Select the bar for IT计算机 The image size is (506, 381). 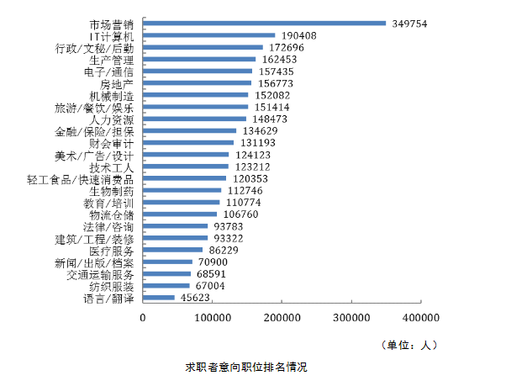coord(209,35)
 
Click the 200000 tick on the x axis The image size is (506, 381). coord(282,317)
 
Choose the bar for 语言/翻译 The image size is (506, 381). coord(159,298)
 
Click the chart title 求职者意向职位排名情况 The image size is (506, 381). coord(247,368)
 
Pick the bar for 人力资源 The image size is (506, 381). coord(194,119)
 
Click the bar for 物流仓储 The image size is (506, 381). coord(180,214)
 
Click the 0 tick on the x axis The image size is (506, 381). coord(143,317)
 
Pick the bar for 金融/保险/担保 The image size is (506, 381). coord(189,131)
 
